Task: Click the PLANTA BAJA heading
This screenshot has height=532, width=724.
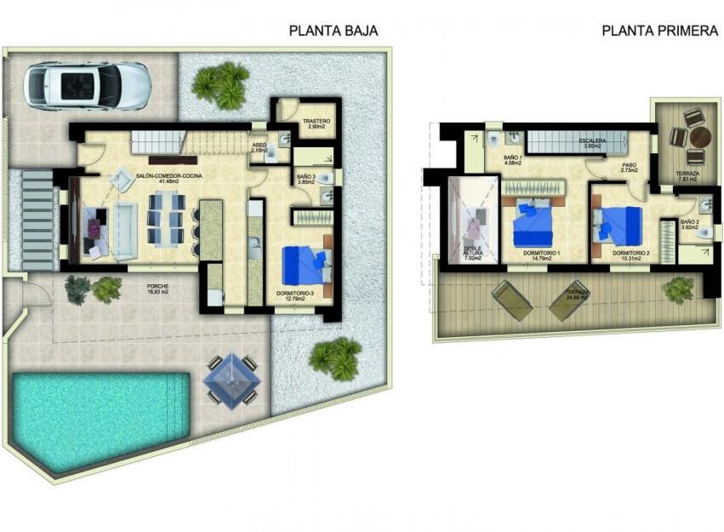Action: pyautogui.click(x=333, y=31)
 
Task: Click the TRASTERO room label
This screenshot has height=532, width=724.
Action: pyautogui.click(x=316, y=122)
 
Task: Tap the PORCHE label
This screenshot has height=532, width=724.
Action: pyautogui.click(x=157, y=286)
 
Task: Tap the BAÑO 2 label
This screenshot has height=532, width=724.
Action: pyautogui.click(x=690, y=222)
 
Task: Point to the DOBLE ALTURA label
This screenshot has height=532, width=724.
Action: pyautogui.click(x=472, y=252)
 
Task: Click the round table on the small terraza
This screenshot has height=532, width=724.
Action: pyautogui.click(x=699, y=136)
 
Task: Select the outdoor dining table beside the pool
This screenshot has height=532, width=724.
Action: pyautogui.click(x=230, y=380)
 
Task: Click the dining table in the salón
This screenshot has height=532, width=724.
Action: pyautogui.click(x=166, y=219)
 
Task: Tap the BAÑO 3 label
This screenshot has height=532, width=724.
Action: pyautogui.click(x=307, y=177)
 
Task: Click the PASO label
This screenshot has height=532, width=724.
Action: pyautogui.click(x=629, y=166)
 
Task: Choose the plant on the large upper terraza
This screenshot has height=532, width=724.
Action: pyautogui.click(x=677, y=290)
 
